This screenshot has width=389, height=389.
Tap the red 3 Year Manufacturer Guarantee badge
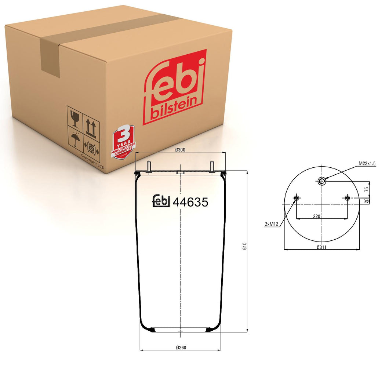[x=123, y=142]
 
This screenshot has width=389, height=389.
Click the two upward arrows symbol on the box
[x=91, y=127]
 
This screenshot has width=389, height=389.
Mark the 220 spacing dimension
[x=317, y=216]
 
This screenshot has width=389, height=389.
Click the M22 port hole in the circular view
[x=322, y=181]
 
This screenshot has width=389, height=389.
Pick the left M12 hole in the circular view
[x=296, y=199]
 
